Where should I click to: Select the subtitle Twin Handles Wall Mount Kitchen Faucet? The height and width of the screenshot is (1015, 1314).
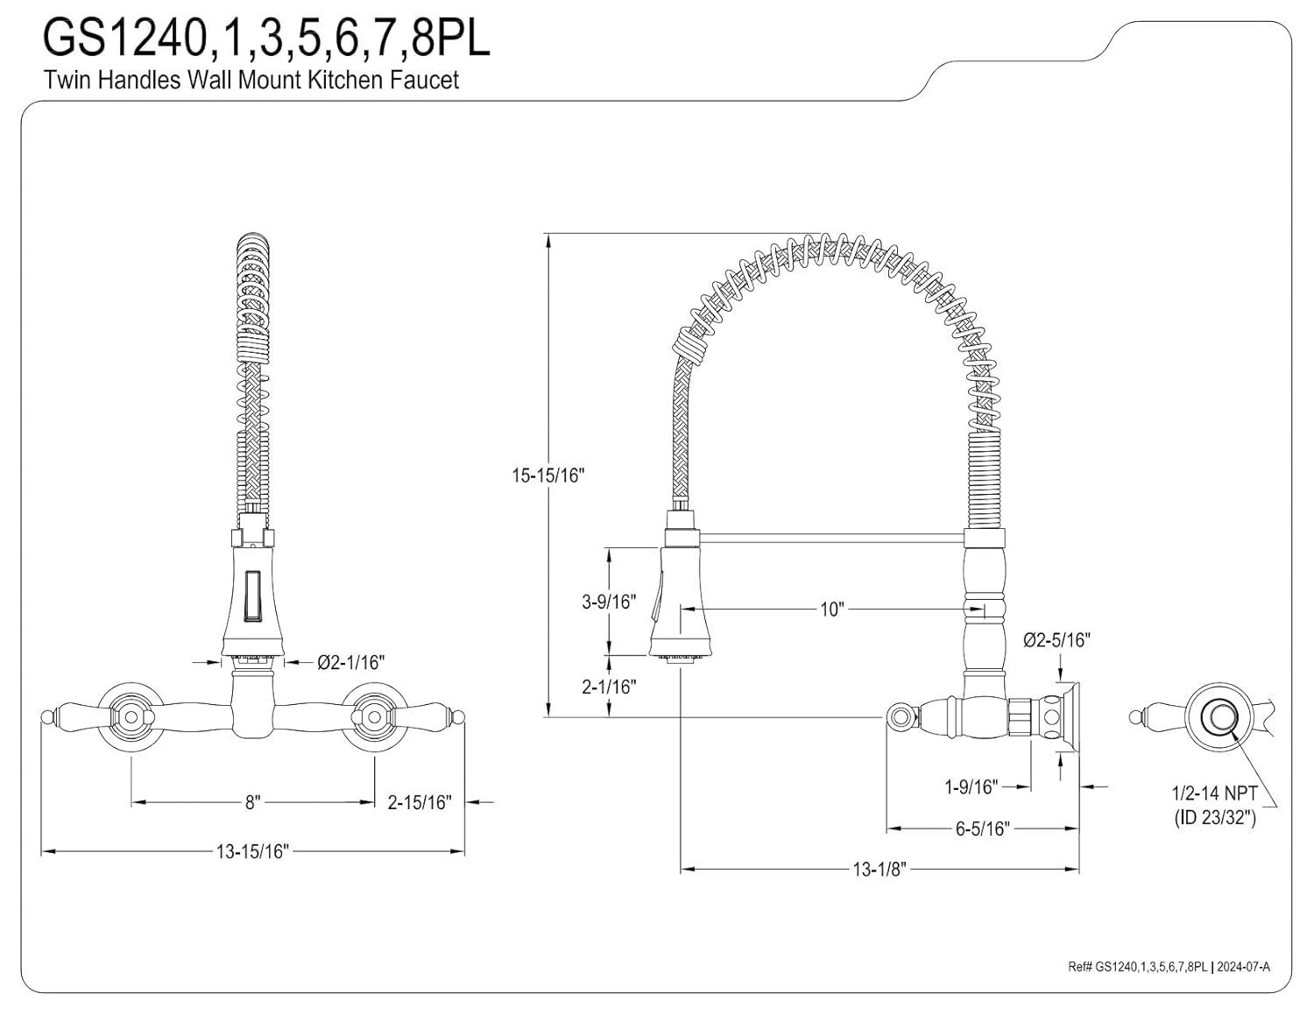pyautogui.click(x=251, y=81)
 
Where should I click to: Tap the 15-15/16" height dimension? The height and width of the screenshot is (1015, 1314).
pyautogui.click(x=548, y=476)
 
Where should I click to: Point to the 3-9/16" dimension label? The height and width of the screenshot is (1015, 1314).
pyautogui.click(x=608, y=602)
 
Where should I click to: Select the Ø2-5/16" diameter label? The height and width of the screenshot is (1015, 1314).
pyautogui.click(x=1056, y=640)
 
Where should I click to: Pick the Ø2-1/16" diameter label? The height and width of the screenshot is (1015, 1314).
pyautogui.click(x=350, y=662)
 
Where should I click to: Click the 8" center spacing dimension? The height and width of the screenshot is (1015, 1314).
pyautogui.click(x=252, y=801)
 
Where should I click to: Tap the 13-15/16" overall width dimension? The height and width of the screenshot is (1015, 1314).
pyautogui.click(x=252, y=850)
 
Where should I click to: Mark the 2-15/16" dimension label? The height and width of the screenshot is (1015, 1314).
pyautogui.click(x=419, y=801)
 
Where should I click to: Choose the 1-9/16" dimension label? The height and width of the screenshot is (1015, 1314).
pyautogui.click(x=971, y=787)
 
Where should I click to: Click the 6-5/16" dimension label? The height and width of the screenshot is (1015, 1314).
pyautogui.click(x=983, y=828)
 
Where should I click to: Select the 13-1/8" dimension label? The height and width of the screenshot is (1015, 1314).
pyautogui.click(x=879, y=869)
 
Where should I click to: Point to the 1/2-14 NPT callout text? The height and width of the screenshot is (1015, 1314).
pyautogui.click(x=1214, y=793)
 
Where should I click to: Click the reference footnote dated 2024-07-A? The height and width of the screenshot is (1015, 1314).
pyautogui.click(x=1169, y=967)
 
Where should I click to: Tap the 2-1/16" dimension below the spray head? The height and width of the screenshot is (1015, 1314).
pyautogui.click(x=608, y=687)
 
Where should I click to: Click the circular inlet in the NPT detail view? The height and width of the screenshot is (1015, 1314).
pyautogui.click(x=1216, y=715)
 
